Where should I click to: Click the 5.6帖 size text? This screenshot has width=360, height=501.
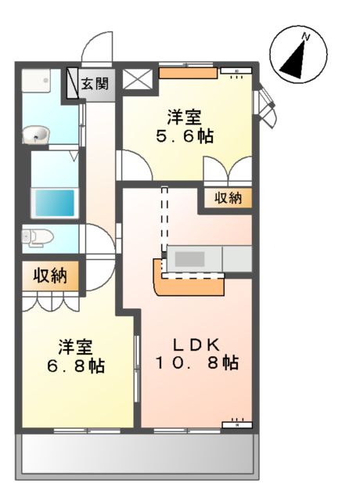(185, 135)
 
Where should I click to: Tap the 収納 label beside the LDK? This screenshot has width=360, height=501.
(229, 199)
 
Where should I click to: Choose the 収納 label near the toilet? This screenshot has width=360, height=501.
(49, 276)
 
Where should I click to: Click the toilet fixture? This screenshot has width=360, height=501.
(37, 237)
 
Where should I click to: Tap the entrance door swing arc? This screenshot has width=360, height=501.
(99, 47)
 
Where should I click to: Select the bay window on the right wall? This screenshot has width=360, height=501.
(267, 106)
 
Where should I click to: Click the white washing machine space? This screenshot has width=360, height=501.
(36, 83)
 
